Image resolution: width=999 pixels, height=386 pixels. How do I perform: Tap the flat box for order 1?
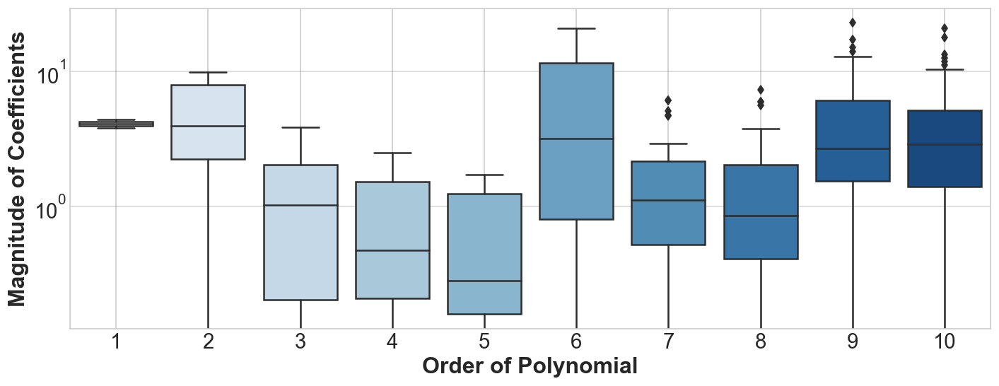tap(116, 124)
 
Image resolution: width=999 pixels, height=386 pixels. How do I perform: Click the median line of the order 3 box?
tap(300, 205)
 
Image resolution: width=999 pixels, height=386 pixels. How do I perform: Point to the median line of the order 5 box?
tap(484, 281)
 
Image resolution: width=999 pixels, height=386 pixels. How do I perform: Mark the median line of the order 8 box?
tap(761, 216)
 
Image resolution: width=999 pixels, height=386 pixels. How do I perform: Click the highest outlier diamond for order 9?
tap(853, 23)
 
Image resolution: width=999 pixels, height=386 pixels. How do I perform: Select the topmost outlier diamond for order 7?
tap(668, 100)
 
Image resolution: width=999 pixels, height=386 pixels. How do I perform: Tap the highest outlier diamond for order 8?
tap(761, 90)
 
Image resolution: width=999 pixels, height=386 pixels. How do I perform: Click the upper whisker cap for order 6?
tap(576, 28)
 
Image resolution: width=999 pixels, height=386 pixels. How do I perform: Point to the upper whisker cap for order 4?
tap(392, 153)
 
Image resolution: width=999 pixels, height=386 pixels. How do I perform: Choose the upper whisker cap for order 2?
tap(208, 72)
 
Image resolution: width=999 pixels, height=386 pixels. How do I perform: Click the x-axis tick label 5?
tap(484, 342)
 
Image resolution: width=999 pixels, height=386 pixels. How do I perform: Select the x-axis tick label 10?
tap(945, 342)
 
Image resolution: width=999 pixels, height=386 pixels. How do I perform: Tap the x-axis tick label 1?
tap(116, 342)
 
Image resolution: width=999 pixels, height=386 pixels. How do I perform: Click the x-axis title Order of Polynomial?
tap(530, 367)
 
